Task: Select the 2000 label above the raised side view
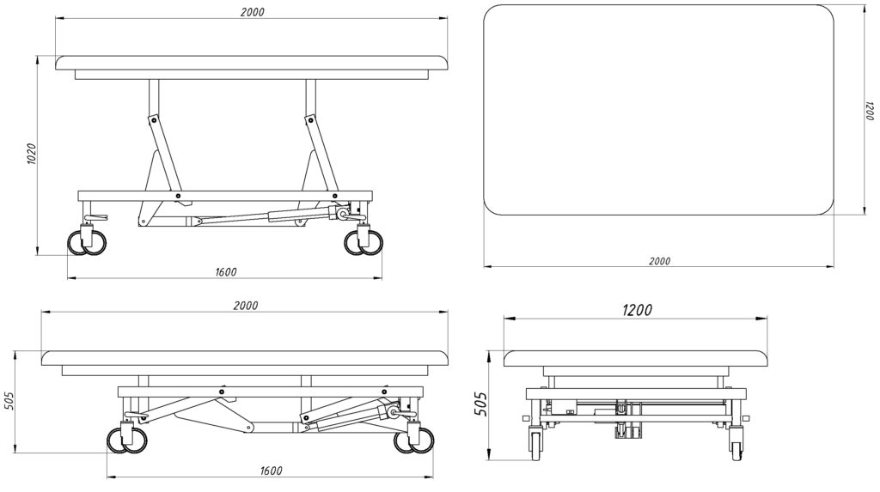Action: (253, 12)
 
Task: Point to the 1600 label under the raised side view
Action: (224, 272)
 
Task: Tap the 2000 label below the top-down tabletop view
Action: (659, 261)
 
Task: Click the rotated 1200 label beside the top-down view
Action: (870, 112)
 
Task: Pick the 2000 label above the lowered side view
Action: (246, 306)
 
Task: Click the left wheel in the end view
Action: (537, 444)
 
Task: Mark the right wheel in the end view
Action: (736, 444)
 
